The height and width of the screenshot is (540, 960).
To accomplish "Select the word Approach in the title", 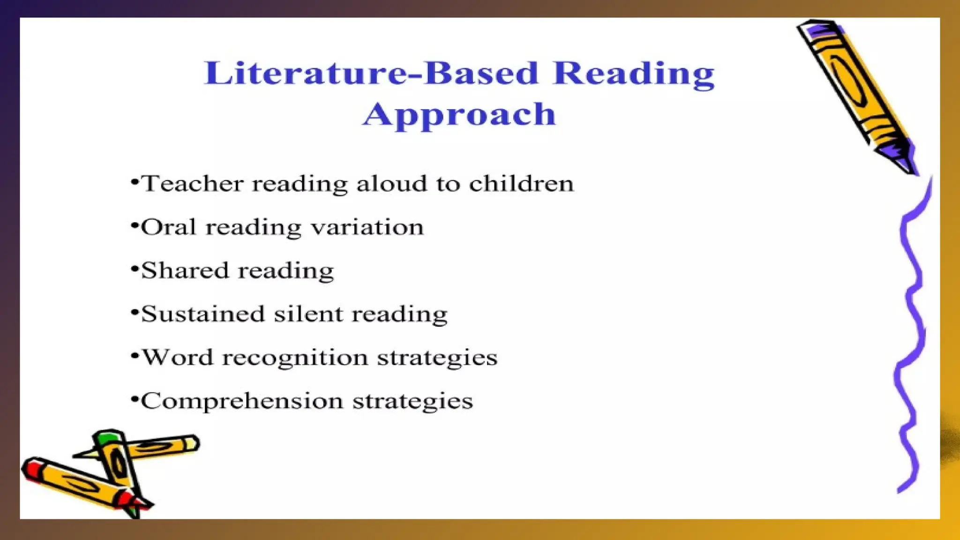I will point(459,115).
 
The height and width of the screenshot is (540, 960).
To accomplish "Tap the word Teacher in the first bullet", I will point(192,183).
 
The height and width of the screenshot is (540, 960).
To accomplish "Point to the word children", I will point(521,183).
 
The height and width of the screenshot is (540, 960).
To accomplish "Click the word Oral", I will point(168,227).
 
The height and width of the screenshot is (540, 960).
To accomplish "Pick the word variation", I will point(367,227).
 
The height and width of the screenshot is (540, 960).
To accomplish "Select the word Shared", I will point(185,270).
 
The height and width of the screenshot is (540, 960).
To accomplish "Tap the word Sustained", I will point(203,314).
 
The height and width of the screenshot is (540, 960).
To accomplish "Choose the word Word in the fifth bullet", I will point(178,358).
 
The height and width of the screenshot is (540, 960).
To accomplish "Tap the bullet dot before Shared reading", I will point(135,270).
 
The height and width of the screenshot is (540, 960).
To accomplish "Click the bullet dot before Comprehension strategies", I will point(135,400).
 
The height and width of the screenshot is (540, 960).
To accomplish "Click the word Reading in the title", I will point(633,74).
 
